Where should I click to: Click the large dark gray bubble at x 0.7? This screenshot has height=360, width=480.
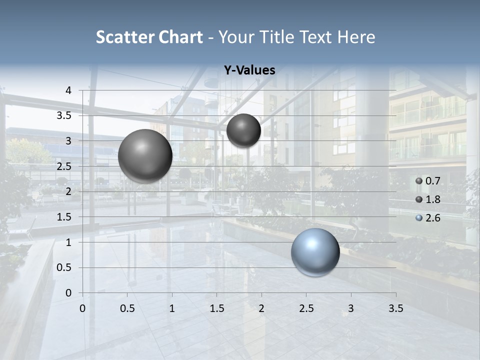[x=145, y=156]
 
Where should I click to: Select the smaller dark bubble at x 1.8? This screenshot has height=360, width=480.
[x=243, y=130]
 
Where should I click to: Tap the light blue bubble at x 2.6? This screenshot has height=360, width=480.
[x=315, y=252]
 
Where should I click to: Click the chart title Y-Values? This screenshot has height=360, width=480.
[x=249, y=70]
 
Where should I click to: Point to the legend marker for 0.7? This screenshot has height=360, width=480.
[x=419, y=181]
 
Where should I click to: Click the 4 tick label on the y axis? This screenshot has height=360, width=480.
[x=68, y=90]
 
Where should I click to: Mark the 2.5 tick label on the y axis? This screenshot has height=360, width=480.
[x=64, y=166]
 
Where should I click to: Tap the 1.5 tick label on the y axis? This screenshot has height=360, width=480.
[x=64, y=217]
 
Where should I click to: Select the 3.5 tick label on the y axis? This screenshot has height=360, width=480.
[x=64, y=115]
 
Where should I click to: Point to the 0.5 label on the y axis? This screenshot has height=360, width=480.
[x=64, y=267]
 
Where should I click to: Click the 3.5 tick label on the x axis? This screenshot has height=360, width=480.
[x=395, y=308]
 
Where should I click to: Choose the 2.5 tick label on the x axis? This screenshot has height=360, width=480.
[x=306, y=308]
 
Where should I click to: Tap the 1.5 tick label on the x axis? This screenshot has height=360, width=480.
[x=216, y=308]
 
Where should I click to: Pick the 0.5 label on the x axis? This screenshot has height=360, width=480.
[x=127, y=308]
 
